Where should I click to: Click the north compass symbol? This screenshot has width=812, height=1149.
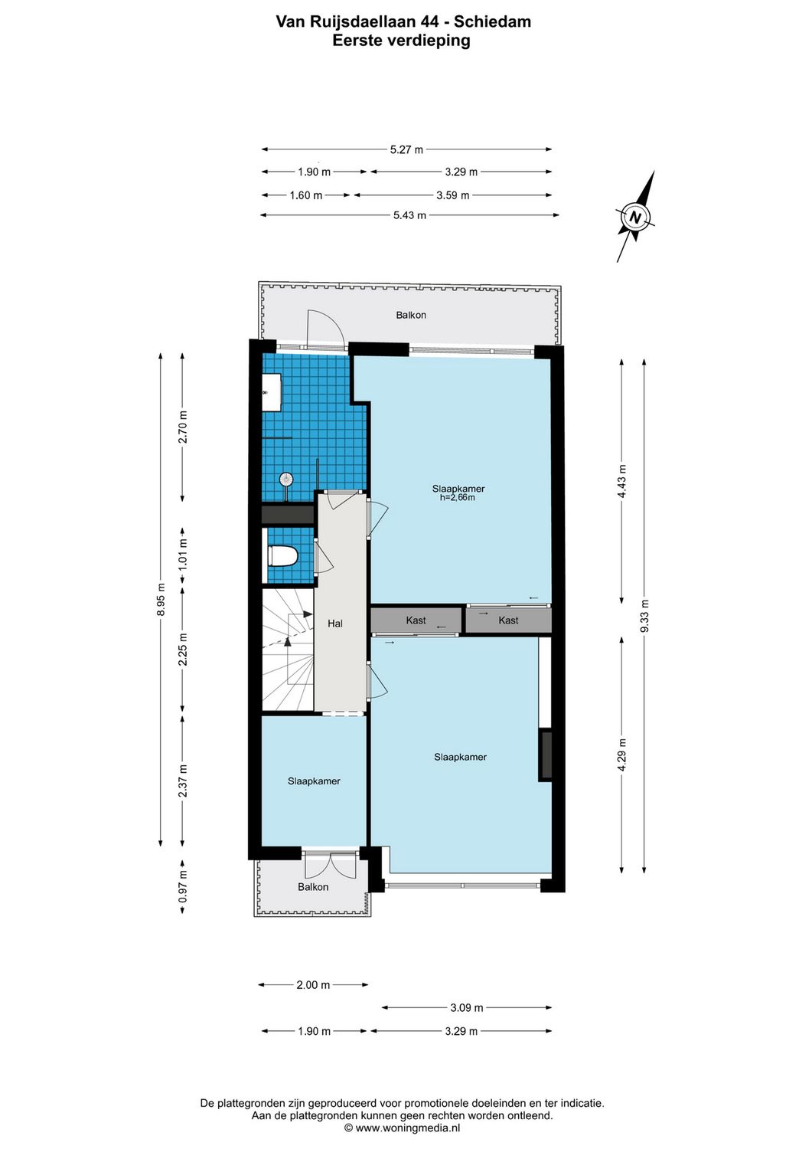[x=634, y=218]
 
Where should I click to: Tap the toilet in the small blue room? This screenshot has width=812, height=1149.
[x=282, y=556]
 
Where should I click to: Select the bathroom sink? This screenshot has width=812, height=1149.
[x=272, y=392]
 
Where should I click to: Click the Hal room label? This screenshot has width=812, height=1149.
[x=335, y=624]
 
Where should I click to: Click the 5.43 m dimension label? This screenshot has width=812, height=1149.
[x=409, y=215]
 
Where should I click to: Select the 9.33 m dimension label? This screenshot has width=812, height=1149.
[x=644, y=616]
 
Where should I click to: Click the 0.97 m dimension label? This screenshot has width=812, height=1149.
[x=183, y=886]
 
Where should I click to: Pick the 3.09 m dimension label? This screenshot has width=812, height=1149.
[x=466, y=1007]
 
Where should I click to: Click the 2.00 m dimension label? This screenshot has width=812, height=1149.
[x=313, y=984]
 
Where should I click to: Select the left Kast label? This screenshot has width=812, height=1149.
[x=416, y=620]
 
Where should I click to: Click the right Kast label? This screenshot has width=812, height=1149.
[x=508, y=620]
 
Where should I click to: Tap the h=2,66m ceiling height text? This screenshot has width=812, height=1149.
[x=458, y=498]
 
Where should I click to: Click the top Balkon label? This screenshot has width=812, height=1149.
[x=411, y=315]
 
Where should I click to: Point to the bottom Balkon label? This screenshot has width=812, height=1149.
[x=313, y=887]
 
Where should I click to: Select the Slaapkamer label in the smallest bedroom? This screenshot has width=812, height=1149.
[x=314, y=781]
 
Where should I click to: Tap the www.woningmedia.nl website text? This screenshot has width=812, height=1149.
[x=408, y=1128]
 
